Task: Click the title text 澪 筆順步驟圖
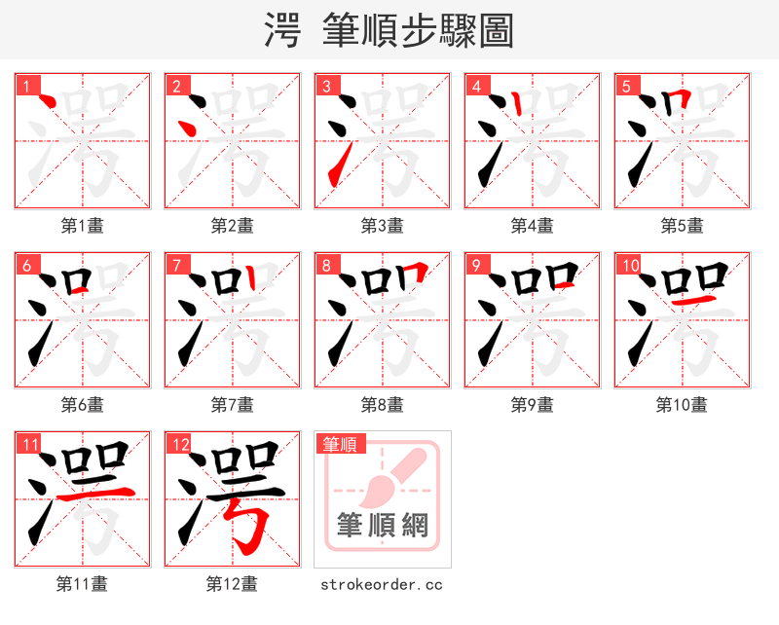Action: (x=389, y=30)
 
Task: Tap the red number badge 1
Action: (x=26, y=87)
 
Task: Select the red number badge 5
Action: (x=626, y=87)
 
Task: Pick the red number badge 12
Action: (x=178, y=445)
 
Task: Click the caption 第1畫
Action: (x=83, y=226)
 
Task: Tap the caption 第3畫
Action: (x=383, y=226)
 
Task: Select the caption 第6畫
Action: (x=83, y=405)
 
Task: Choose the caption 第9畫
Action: (x=533, y=405)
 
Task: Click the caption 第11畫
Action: (x=83, y=584)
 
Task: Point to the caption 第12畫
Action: (x=233, y=584)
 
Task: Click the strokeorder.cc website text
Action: (x=383, y=584)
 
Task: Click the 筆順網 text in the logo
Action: (x=383, y=526)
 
